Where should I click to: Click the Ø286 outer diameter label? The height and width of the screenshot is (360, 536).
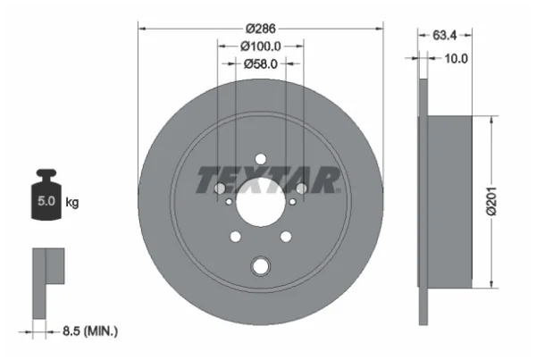[261, 29]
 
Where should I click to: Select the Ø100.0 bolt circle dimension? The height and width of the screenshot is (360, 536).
[261, 46]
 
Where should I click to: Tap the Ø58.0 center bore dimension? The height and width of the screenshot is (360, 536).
[261, 64]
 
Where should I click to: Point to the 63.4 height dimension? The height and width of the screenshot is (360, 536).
[444, 35]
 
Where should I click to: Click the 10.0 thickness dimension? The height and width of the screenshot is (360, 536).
[456, 59]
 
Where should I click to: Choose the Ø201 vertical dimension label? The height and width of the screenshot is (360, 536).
[491, 201]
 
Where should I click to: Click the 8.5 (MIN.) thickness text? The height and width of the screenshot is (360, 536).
[90, 331]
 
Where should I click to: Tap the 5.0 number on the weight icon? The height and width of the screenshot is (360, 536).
[46, 201]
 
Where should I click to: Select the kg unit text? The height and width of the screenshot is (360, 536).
[71, 203]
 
